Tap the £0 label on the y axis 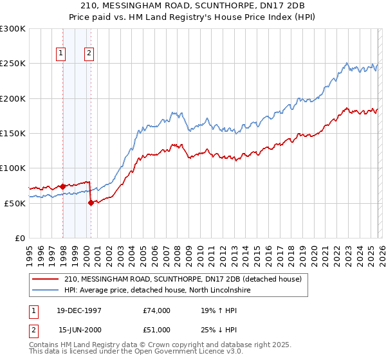(x=20, y=238)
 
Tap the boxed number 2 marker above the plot (x=89, y=54)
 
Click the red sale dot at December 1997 (x=62, y=186)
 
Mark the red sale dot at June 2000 (x=91, y=203)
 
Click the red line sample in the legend (x=45, y=279)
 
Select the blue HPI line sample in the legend (x=45, y=291)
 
